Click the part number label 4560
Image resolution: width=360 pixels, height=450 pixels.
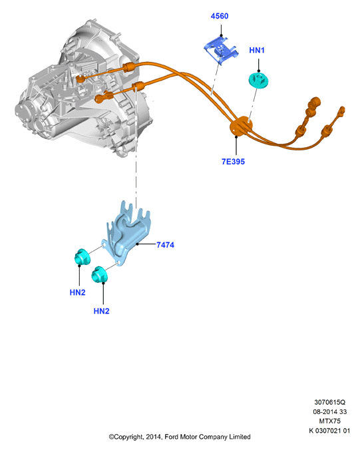tap(220, 16)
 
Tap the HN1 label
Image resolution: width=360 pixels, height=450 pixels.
tap(257, 50)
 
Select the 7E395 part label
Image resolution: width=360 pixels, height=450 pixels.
tap(233, 162)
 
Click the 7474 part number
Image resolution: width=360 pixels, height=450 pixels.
tap(165, 245)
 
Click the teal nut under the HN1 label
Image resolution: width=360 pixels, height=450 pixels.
tap(258, 80)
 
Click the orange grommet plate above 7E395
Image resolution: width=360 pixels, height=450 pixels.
tap(241, 126)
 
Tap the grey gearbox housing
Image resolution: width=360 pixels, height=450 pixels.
tap(83, 89)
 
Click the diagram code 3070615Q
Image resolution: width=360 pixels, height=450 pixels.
tap(330, 402)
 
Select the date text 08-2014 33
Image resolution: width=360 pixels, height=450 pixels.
tap(330, 411)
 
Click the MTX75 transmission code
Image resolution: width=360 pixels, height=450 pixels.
tap(330, 421)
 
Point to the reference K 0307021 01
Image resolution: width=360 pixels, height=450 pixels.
tap(329, 431)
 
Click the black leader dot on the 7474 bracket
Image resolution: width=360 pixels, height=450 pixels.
tap(138, 244)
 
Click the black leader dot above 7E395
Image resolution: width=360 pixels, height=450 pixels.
tap(236, 137)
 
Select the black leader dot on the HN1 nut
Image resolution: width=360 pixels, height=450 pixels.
tap(259, 71)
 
